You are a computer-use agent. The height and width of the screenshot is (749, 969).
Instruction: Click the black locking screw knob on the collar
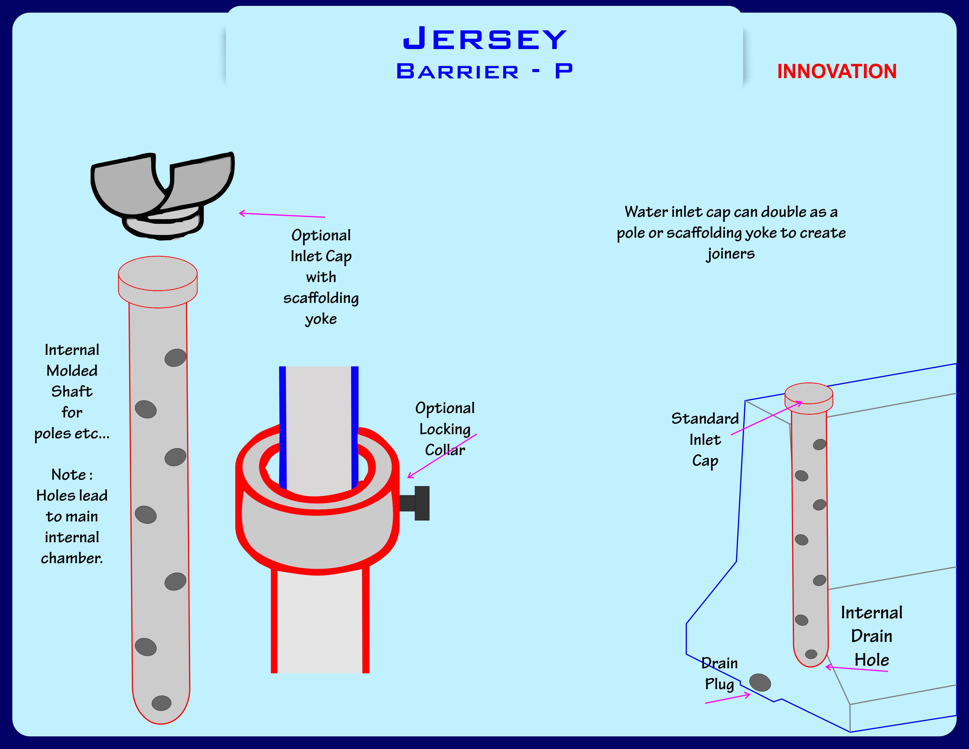(421, 503)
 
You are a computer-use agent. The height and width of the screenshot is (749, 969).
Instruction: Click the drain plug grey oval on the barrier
(760, 682)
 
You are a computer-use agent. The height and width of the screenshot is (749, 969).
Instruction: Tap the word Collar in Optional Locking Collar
(445, 450)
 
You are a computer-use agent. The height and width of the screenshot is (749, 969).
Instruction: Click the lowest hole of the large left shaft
(161, 703)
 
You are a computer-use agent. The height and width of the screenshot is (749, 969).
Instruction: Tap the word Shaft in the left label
(72, 391)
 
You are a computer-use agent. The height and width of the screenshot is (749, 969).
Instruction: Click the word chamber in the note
(72, 558)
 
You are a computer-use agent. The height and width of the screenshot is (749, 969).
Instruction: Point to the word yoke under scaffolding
(321, 319)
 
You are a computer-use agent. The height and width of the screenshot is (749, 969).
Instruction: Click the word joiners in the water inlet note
(730, 254)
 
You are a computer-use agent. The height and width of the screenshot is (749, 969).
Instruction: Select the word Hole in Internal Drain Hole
(872, 660)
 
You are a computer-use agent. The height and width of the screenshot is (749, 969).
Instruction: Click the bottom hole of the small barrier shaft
(811, 654)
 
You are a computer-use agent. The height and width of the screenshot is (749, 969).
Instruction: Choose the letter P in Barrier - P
(563, 71)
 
